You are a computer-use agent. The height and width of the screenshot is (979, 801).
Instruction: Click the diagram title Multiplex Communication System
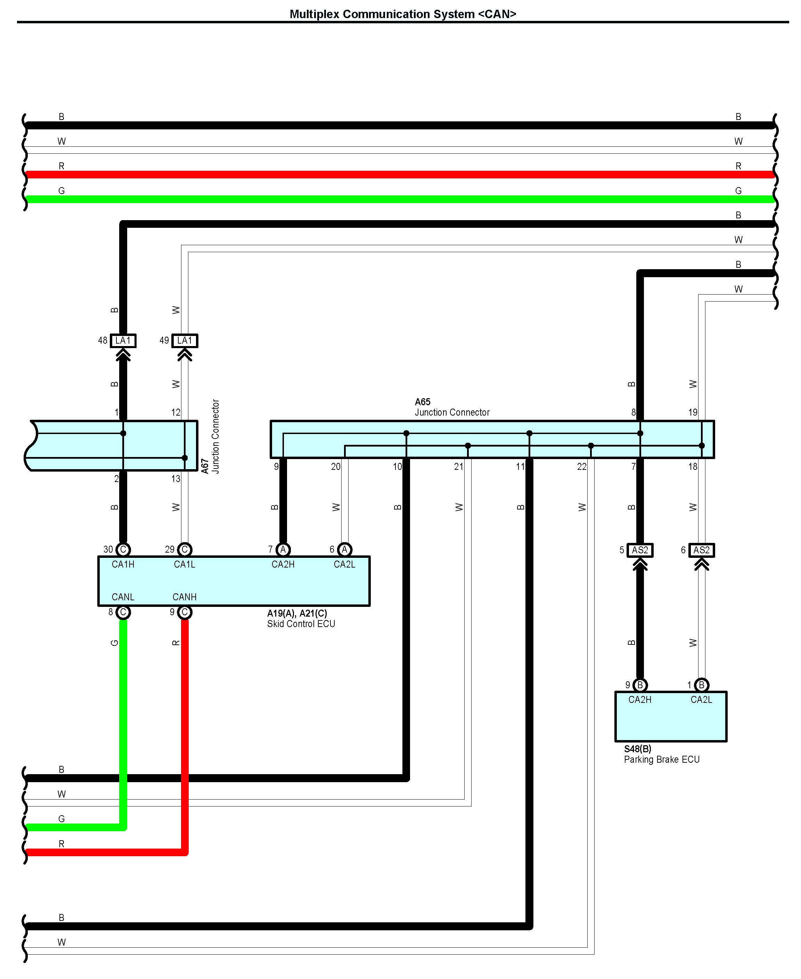click(402, 14)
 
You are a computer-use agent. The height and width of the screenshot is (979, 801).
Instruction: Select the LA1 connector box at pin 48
click(123, 341)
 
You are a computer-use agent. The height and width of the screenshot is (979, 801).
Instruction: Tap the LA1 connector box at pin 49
click(185, 341)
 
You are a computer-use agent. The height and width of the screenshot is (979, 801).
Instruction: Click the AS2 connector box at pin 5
click(640, 550)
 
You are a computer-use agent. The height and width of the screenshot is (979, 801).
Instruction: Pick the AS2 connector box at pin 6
click(701, 550)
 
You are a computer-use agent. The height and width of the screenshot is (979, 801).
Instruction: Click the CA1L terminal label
click(184, 564)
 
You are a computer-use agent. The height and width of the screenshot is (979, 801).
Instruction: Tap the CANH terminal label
click(184, 597)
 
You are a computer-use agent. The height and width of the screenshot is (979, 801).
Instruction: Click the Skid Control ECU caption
click(301, 624)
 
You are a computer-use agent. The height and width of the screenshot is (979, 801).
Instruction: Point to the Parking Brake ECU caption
click(662, 760)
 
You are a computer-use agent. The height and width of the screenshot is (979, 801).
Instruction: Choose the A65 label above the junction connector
click(422, 402)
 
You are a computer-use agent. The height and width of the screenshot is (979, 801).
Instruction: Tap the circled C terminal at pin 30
click(123, 549)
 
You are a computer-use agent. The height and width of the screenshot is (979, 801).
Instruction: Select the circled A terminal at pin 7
click(283, 549)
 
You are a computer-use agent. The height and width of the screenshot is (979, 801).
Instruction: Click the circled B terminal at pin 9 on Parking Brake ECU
click(640, 685)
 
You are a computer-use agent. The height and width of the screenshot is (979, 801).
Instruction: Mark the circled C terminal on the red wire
click(185, 612)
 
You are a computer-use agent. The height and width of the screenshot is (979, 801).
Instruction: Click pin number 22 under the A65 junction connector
click(582, 467)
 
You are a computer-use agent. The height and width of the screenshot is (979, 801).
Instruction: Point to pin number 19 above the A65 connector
click(693, 412)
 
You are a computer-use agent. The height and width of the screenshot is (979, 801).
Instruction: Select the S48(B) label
click(638, 749)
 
